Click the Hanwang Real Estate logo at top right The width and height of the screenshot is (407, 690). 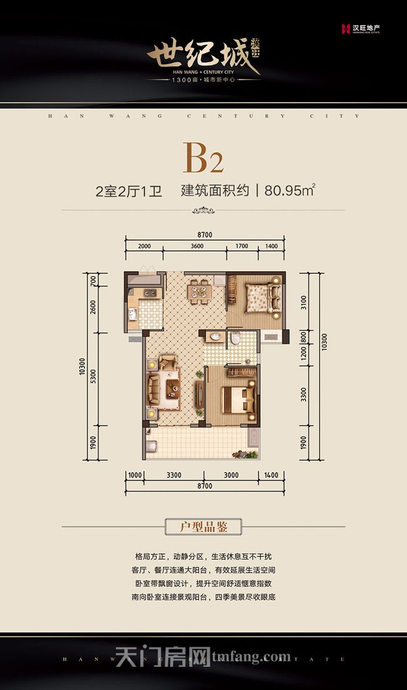point(361,28)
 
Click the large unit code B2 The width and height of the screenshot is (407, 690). point(203,158)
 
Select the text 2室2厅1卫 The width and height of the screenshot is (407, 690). point(128,191)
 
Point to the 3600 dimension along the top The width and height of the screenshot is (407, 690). point(197,246)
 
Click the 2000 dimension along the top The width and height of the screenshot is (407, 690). point(145,246)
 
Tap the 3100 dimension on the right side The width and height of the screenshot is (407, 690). point(304,303)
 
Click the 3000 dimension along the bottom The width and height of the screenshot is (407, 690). point(231,476)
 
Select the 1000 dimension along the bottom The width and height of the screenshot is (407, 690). point(135,476)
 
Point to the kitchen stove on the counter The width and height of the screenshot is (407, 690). point(150,292)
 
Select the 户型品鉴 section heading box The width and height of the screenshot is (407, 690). point(203,527)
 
